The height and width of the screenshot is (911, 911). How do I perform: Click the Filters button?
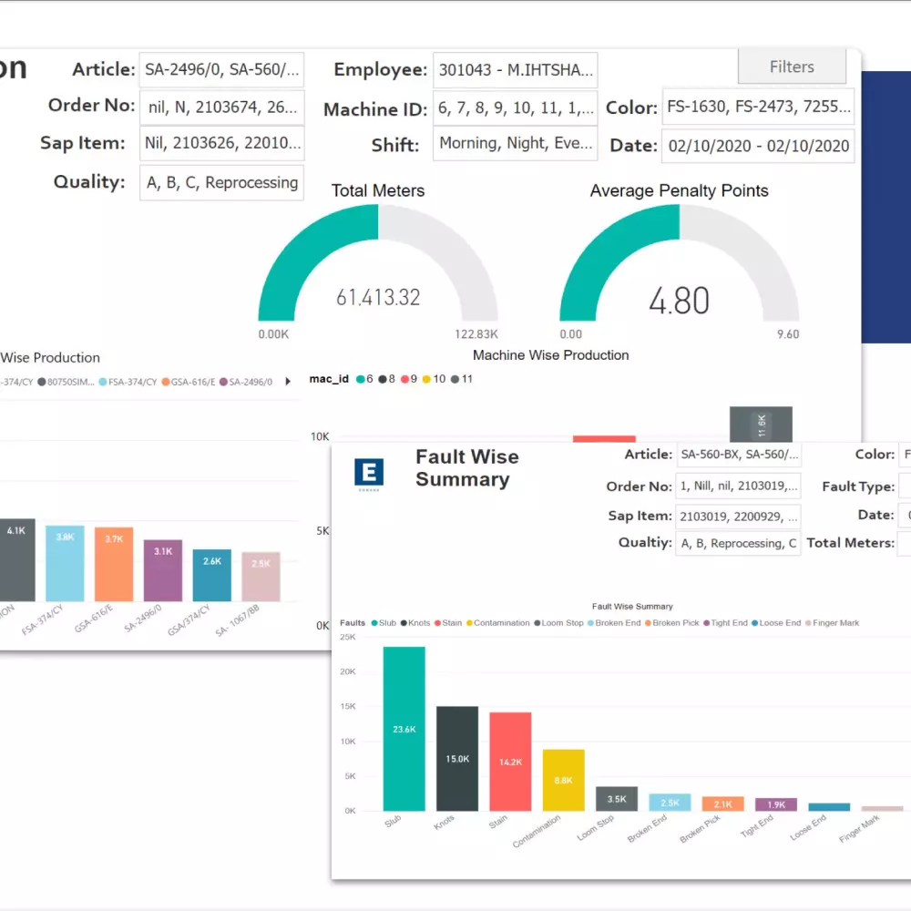[792, 67]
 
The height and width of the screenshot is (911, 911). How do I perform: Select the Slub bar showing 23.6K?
[404, 729]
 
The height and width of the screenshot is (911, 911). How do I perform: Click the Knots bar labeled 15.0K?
[457, 758]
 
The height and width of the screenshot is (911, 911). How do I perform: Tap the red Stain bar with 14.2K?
[510, 761]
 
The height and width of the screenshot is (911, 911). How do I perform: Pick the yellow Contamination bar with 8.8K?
[563, 780]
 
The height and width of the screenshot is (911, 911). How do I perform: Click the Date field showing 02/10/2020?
[758, 146]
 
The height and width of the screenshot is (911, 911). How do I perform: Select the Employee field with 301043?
[515, 70]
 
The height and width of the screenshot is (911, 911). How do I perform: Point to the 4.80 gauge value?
[679, 300]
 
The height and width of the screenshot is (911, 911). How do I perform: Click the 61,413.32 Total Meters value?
[378, 297]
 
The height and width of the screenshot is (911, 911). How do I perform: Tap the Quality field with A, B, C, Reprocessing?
[222, 182]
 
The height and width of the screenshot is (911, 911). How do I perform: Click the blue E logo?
[369, 472]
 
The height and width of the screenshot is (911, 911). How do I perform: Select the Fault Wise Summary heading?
[466, 468]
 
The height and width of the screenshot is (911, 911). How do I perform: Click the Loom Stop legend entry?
[559, 623]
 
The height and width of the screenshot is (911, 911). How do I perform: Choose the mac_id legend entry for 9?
[407, 379]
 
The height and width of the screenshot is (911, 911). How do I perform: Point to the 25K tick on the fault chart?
[347, 637]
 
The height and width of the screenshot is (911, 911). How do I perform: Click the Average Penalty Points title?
[679, 190]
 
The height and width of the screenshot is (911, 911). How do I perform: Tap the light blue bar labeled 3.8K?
[65, 563]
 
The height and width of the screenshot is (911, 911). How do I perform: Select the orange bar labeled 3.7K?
[114, 564]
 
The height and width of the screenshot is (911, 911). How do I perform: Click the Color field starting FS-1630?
[758, 107]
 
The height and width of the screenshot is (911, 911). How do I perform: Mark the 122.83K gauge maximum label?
[476, 334]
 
